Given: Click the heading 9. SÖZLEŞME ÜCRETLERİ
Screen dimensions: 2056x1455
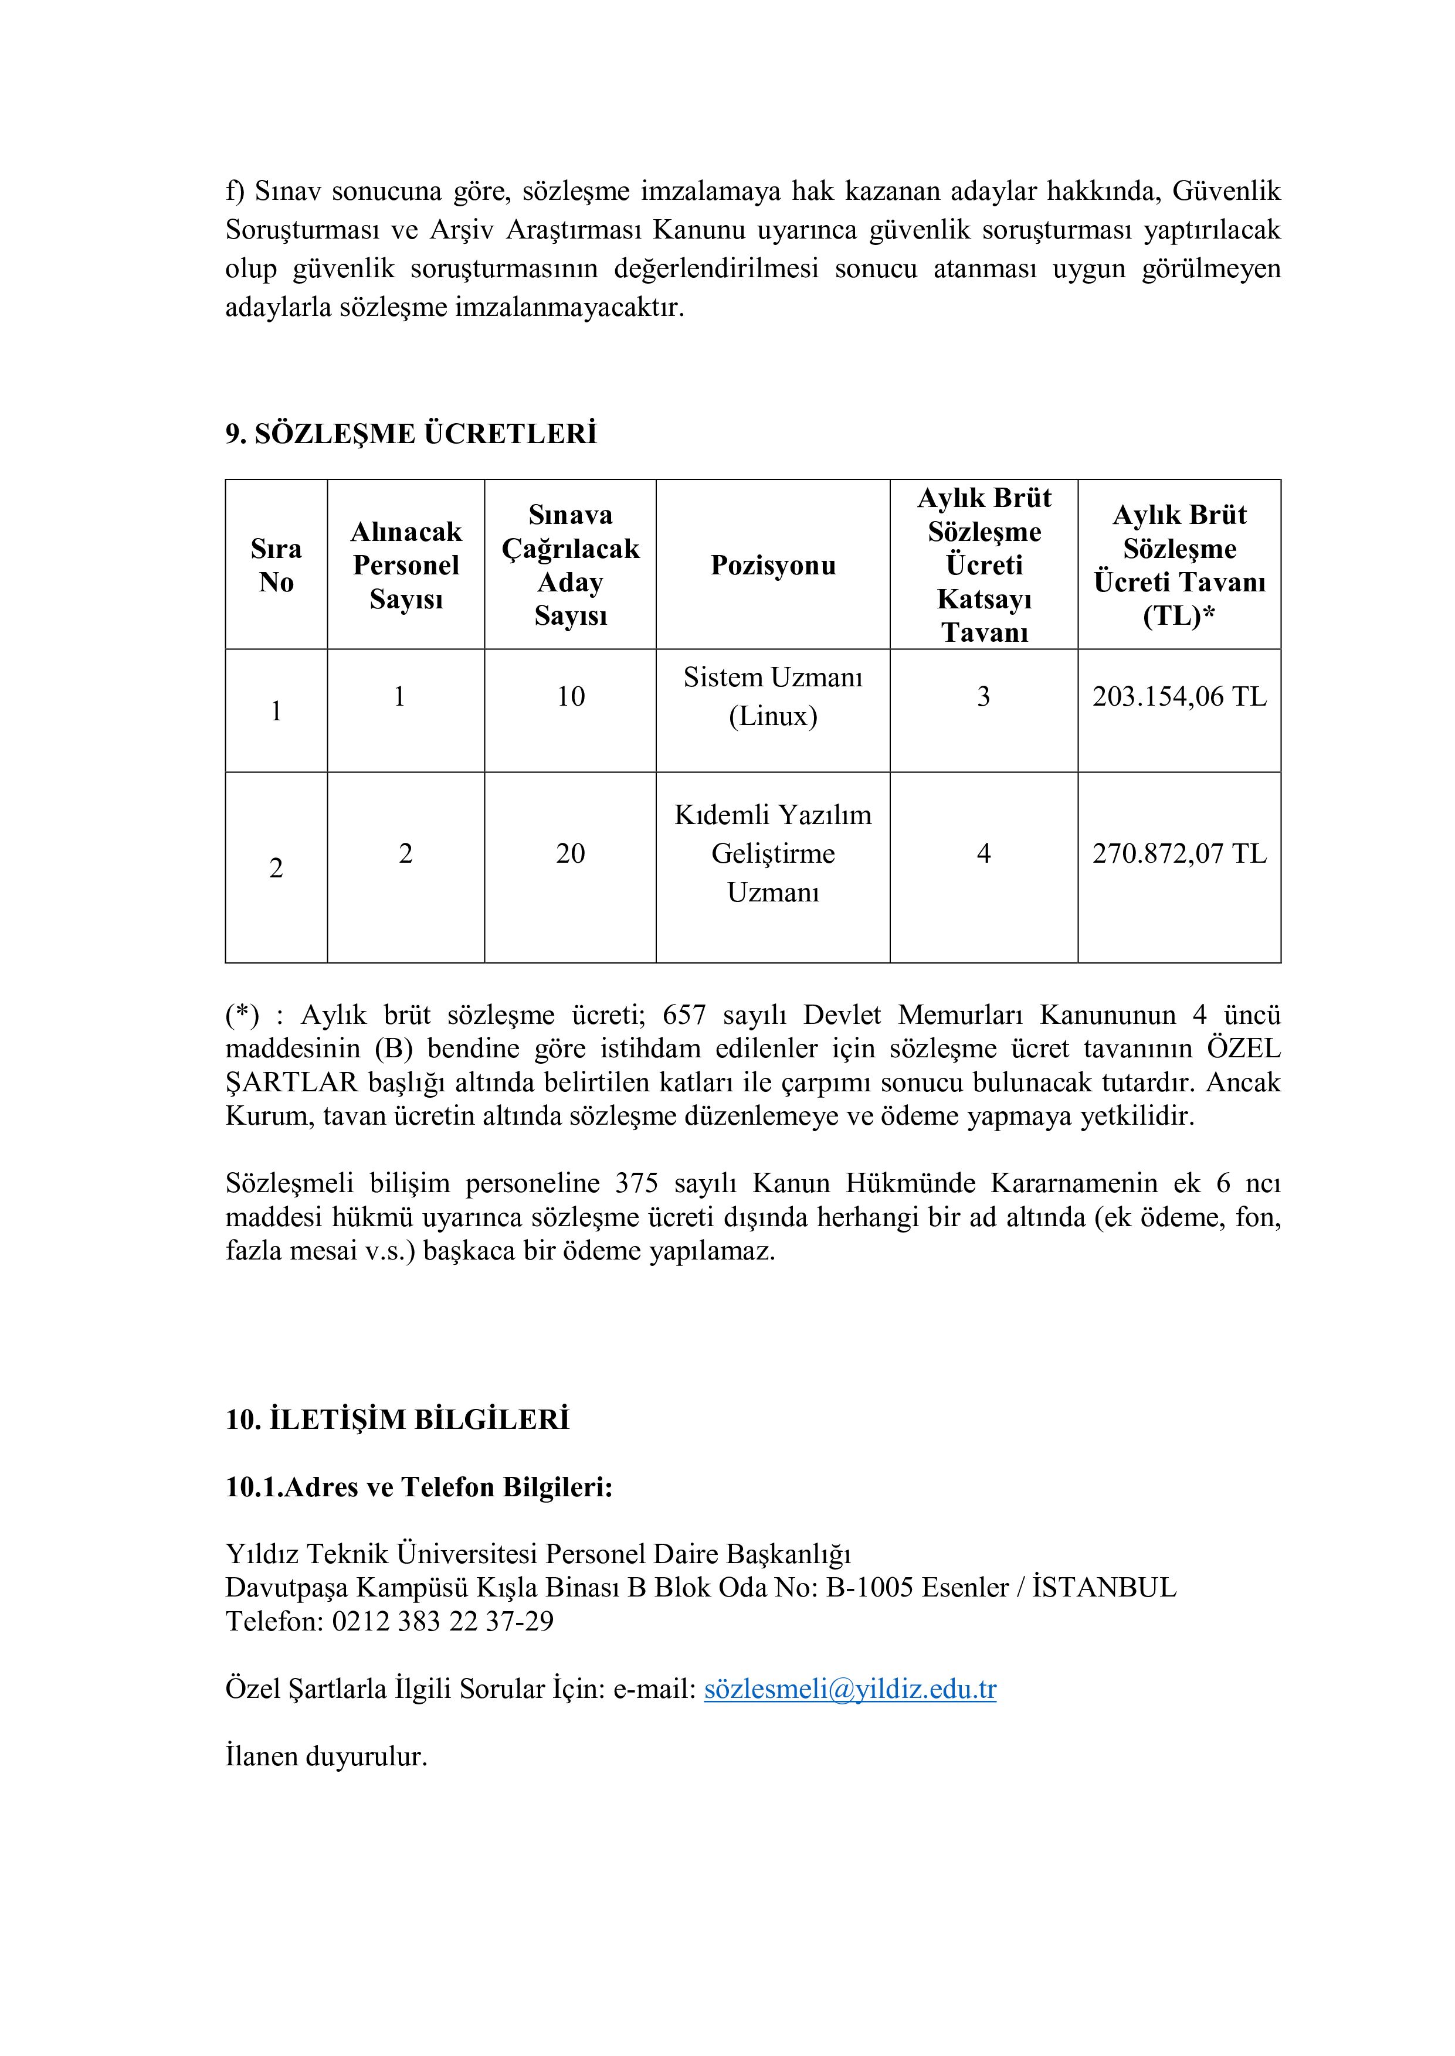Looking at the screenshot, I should pos(411,434).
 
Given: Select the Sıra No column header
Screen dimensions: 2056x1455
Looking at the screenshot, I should pos(276,565).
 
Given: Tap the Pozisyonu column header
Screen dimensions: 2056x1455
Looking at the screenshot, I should pos(772,565).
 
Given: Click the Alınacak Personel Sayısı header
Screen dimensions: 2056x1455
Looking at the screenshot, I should pos(406,565).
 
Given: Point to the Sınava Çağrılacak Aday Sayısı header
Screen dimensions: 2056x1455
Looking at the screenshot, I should pos(570,565).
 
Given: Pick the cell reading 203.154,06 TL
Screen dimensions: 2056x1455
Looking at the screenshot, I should pos(1179,697).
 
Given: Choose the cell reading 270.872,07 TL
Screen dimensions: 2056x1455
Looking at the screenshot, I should pos(1179,853).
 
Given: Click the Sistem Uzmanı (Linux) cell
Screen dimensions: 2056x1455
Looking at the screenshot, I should pos(772,697).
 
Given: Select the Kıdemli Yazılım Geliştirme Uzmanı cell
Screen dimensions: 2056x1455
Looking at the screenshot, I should pos(772,853).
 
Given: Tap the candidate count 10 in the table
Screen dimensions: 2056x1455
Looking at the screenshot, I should pos(571,697).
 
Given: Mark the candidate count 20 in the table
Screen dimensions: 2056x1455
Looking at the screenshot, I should pos(571,853).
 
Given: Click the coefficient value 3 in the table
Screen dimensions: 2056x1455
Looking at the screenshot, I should pos(983,697).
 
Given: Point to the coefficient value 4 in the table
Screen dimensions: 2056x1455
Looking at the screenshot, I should pos(983,853).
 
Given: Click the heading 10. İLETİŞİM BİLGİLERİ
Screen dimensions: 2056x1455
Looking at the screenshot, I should pos(397,1420).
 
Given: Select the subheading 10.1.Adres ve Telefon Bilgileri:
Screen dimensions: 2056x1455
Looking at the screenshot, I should pos(418,1487).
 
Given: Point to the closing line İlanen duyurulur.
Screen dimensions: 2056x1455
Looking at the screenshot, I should pos(326,1757).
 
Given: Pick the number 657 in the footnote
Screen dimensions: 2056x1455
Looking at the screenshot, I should pos(684,1016).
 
